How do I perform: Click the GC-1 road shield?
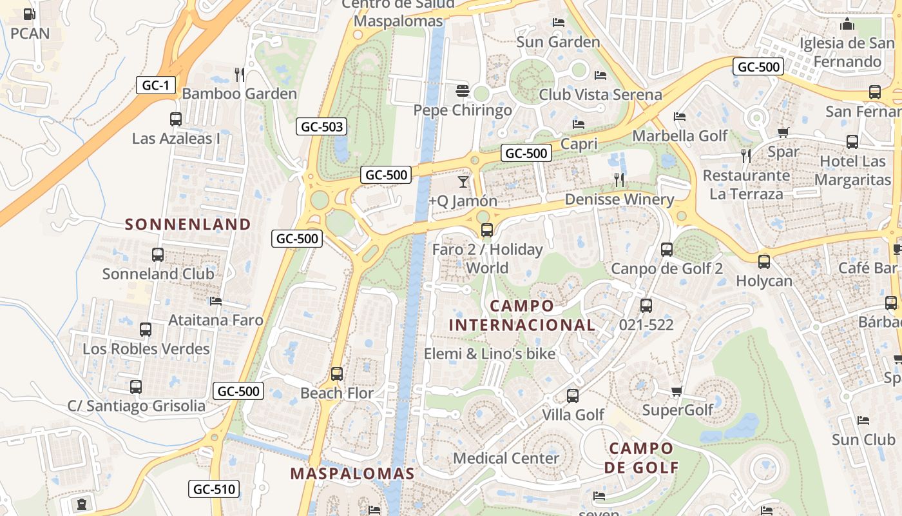tap(156, 85)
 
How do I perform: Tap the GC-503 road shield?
tap(321, 126)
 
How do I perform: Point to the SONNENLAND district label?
tap(187, 224)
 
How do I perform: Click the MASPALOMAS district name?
tap(352, 474)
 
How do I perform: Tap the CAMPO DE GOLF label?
tap(641, 457)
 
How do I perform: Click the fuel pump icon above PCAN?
tap(29, 14)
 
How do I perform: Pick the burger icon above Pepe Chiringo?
tap(462, 90)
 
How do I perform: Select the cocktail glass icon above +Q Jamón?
tap(463, 181)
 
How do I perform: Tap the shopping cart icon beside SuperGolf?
tap(676, 391)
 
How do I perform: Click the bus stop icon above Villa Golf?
tap(572, 395)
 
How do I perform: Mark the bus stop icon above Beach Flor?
tap(336, 373)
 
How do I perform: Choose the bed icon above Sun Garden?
tap(559, 23)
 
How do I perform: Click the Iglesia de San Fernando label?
tap(847, 52)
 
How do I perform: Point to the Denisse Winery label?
tap(619, 199)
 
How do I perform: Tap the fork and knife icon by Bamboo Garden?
tap(240, 74)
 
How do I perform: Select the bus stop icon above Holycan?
tap(763, 262)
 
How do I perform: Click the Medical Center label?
tap(506, 458)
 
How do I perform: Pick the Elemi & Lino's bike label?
tap(490, 353)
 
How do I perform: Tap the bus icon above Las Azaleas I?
tap(175, 119)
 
